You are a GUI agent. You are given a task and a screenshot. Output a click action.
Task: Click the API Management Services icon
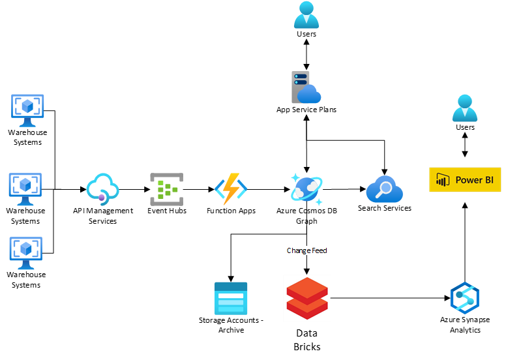point(102,188)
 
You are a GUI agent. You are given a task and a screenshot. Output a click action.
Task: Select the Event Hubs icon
point(167,188)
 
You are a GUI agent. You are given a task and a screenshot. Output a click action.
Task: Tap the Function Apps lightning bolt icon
point(231,188)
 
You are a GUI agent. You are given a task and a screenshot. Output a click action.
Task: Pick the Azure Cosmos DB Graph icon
point(306,189)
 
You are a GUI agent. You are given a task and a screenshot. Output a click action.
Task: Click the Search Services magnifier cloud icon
point(385,189)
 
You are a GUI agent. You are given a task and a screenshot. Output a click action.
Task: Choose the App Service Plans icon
point(306,88)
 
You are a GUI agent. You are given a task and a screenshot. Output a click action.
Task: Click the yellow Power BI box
point(465,180)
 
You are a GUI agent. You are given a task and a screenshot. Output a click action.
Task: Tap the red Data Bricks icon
point(306,299)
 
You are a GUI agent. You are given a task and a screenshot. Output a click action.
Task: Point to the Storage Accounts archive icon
point(231,298)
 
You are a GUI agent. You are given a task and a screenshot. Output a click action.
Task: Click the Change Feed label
point(306,250)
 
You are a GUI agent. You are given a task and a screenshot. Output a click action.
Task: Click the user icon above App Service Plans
point(306,15)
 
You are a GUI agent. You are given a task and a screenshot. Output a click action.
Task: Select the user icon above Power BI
point(465,108)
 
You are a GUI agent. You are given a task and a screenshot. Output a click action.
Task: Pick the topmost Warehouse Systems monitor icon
point(27,110)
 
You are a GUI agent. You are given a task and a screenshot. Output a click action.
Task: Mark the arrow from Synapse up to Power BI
point(465,241)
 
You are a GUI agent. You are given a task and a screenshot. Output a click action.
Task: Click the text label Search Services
point(385,208)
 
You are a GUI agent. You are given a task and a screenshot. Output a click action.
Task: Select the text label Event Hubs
point(167,211)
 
